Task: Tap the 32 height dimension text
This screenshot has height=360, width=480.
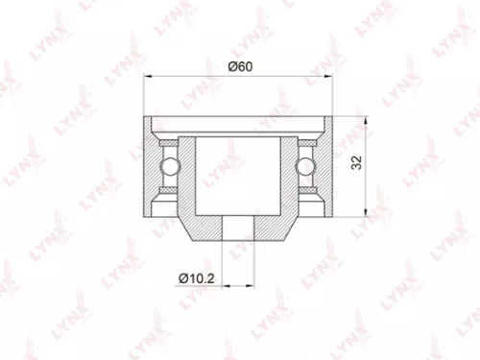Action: click(x=356, y=164)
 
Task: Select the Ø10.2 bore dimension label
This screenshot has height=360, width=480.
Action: click(x=195, y=278)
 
